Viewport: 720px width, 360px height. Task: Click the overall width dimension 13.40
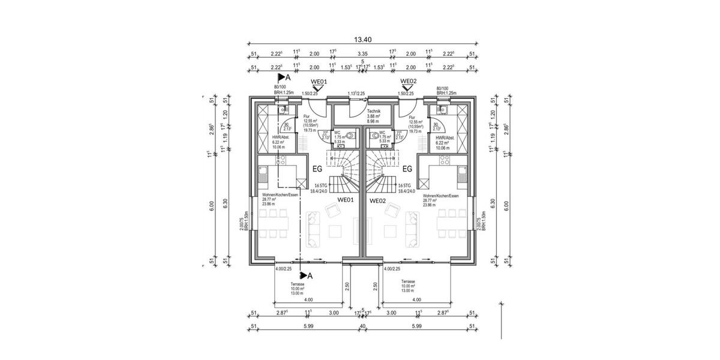(362, 40)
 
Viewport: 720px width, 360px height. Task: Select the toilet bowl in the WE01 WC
(349, 136)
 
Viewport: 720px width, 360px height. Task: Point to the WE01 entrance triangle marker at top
(318, 88)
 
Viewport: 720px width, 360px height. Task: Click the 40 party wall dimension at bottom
(362, 326)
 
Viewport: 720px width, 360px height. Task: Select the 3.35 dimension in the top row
(362, 54)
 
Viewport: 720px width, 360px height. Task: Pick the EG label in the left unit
(317, 169)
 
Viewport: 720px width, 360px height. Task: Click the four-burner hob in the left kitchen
(279, 160)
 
